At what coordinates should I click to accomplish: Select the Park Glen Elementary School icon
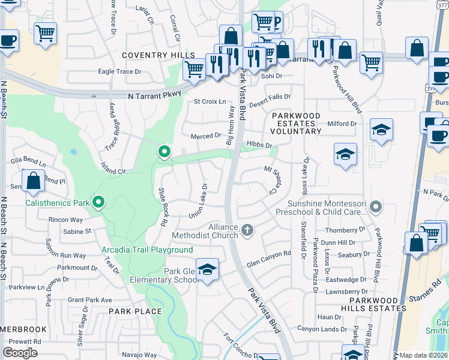coord(207,269)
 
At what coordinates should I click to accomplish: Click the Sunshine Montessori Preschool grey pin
coord(376,208)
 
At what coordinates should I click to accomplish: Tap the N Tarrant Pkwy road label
coord(154,95)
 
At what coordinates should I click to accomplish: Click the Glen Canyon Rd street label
coord(268,254)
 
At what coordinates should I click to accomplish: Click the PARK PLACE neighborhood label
coord(135,311)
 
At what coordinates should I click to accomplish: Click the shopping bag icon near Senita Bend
coord(33,180)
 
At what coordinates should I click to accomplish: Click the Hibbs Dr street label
coord(259,145)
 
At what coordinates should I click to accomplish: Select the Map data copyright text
coord(424,355)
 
